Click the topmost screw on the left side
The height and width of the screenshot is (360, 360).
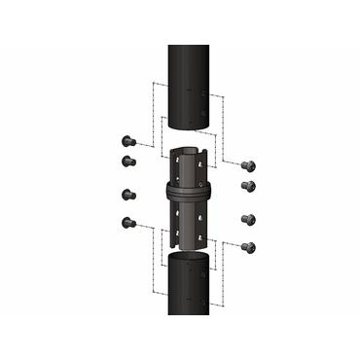127,140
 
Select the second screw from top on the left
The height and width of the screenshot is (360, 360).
127,161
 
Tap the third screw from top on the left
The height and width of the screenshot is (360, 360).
127,193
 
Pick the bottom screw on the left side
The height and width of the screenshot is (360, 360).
127,223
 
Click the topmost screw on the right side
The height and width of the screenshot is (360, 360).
247,166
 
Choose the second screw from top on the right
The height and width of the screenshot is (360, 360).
247,186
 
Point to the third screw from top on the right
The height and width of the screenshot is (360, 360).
247,218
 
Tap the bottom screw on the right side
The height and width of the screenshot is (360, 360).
247,248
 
